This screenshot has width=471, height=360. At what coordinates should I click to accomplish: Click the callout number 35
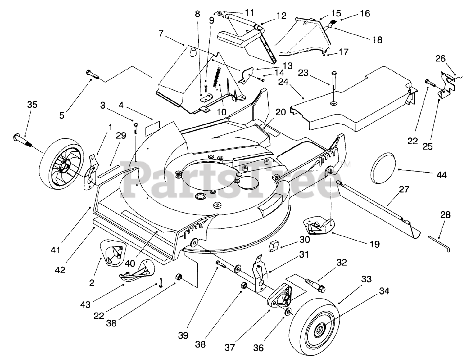32,105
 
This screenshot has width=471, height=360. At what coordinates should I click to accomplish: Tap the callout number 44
442,174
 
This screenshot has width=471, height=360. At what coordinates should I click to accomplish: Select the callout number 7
161,33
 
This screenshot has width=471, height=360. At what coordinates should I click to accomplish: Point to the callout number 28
445,215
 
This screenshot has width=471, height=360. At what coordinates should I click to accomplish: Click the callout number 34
384,291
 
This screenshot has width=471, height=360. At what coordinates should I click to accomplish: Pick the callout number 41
55,250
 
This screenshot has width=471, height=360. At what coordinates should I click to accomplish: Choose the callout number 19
375,244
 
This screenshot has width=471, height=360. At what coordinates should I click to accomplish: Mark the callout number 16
365,13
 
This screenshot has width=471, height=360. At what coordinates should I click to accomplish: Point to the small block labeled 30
273,246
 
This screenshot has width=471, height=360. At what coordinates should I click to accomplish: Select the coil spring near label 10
217,77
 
